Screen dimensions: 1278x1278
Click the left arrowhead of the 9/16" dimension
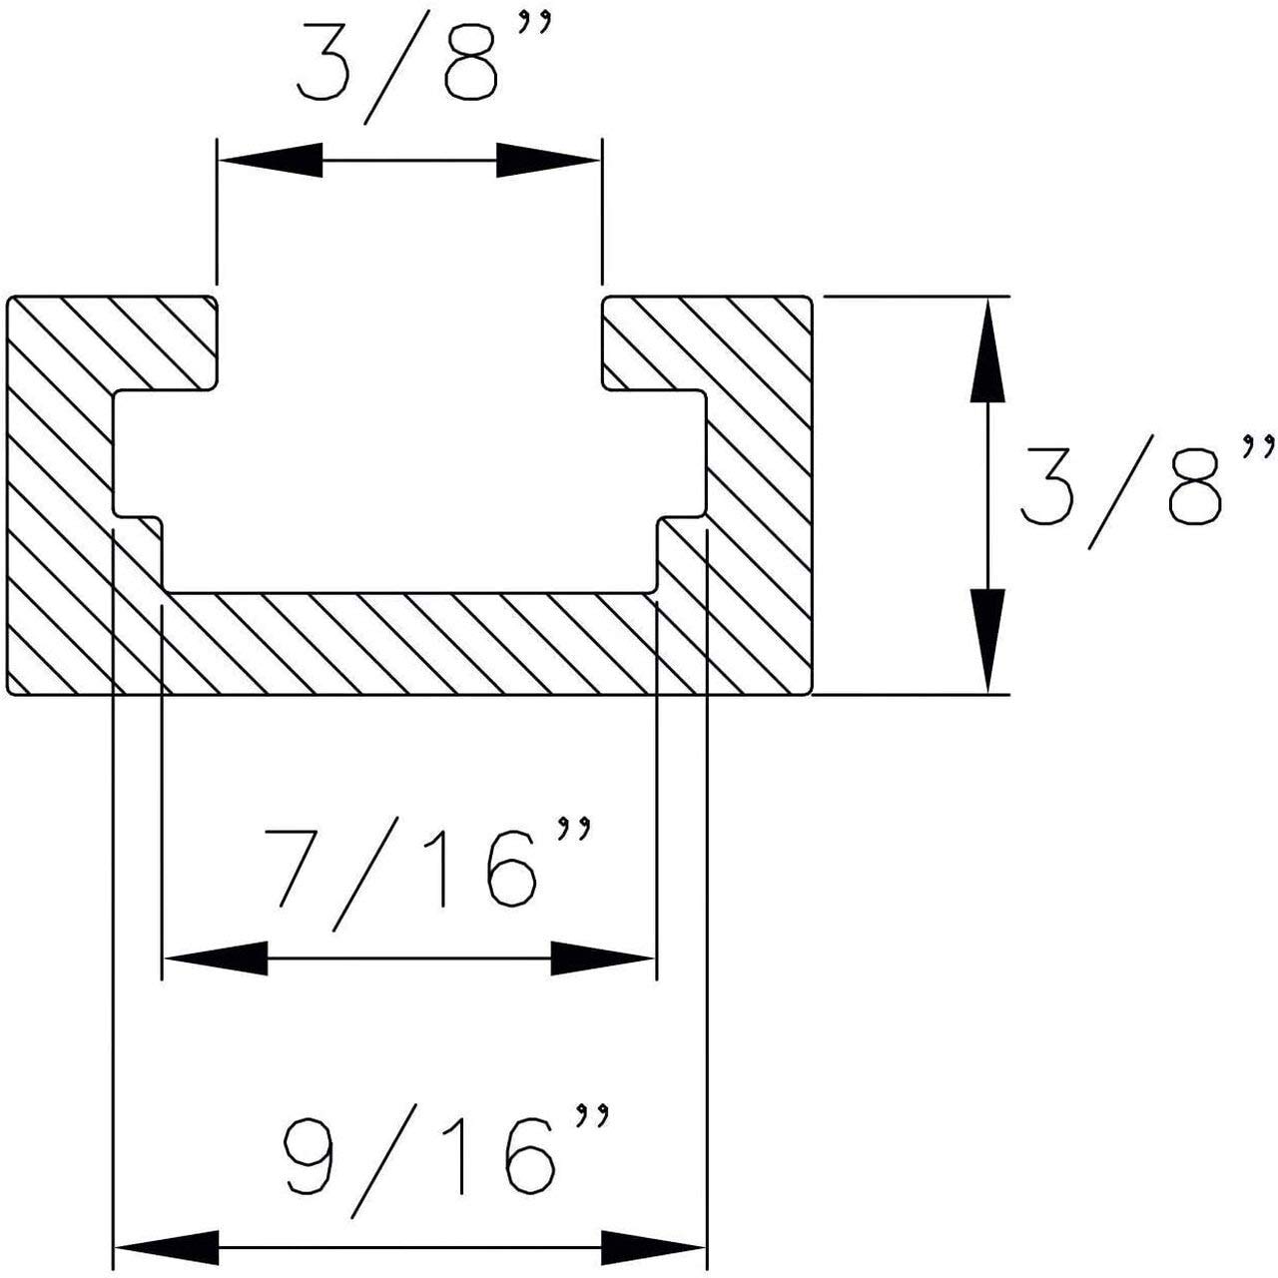point(167,1246)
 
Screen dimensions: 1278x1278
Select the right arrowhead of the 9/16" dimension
point(654,1246)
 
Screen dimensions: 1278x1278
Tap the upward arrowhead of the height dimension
point(987,349)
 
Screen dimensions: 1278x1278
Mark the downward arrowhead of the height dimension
point(987,639)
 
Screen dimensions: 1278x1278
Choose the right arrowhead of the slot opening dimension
point(547,160)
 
